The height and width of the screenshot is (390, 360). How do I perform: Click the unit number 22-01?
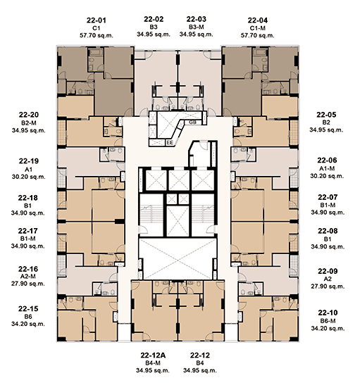click(97, 20)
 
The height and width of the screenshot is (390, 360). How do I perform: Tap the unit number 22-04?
click(257, 20)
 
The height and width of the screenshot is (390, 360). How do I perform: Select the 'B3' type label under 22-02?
click(154, 27)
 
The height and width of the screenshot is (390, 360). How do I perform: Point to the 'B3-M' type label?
click(196, 27)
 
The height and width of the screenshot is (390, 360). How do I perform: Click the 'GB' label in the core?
click(192, 122)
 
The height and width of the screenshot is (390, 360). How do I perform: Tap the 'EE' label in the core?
click(170, 143)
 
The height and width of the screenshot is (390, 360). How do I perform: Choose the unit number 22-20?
click(29, 115)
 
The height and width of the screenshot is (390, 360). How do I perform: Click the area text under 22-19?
click(29, 177)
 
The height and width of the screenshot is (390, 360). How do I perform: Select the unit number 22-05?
click(326, 115)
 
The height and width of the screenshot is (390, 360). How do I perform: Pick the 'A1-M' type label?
click(327, 169)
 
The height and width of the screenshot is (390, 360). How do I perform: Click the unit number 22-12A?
click(153, 356)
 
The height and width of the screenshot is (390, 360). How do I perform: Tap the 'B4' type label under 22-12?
click(200, 363)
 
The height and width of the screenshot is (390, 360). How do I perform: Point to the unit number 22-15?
click(28, 308)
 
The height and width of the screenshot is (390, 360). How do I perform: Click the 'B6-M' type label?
click(328, 321)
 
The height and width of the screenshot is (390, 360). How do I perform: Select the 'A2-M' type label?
click(28, 277)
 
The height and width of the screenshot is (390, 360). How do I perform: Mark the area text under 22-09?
click(328, 287)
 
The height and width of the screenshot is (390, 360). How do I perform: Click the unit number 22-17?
click(28, 231)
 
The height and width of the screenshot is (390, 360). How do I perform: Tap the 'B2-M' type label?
click(29, 123)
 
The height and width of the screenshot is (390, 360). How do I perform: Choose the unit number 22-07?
click(328, 197)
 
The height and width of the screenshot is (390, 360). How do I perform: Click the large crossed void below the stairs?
click(178, 258)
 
